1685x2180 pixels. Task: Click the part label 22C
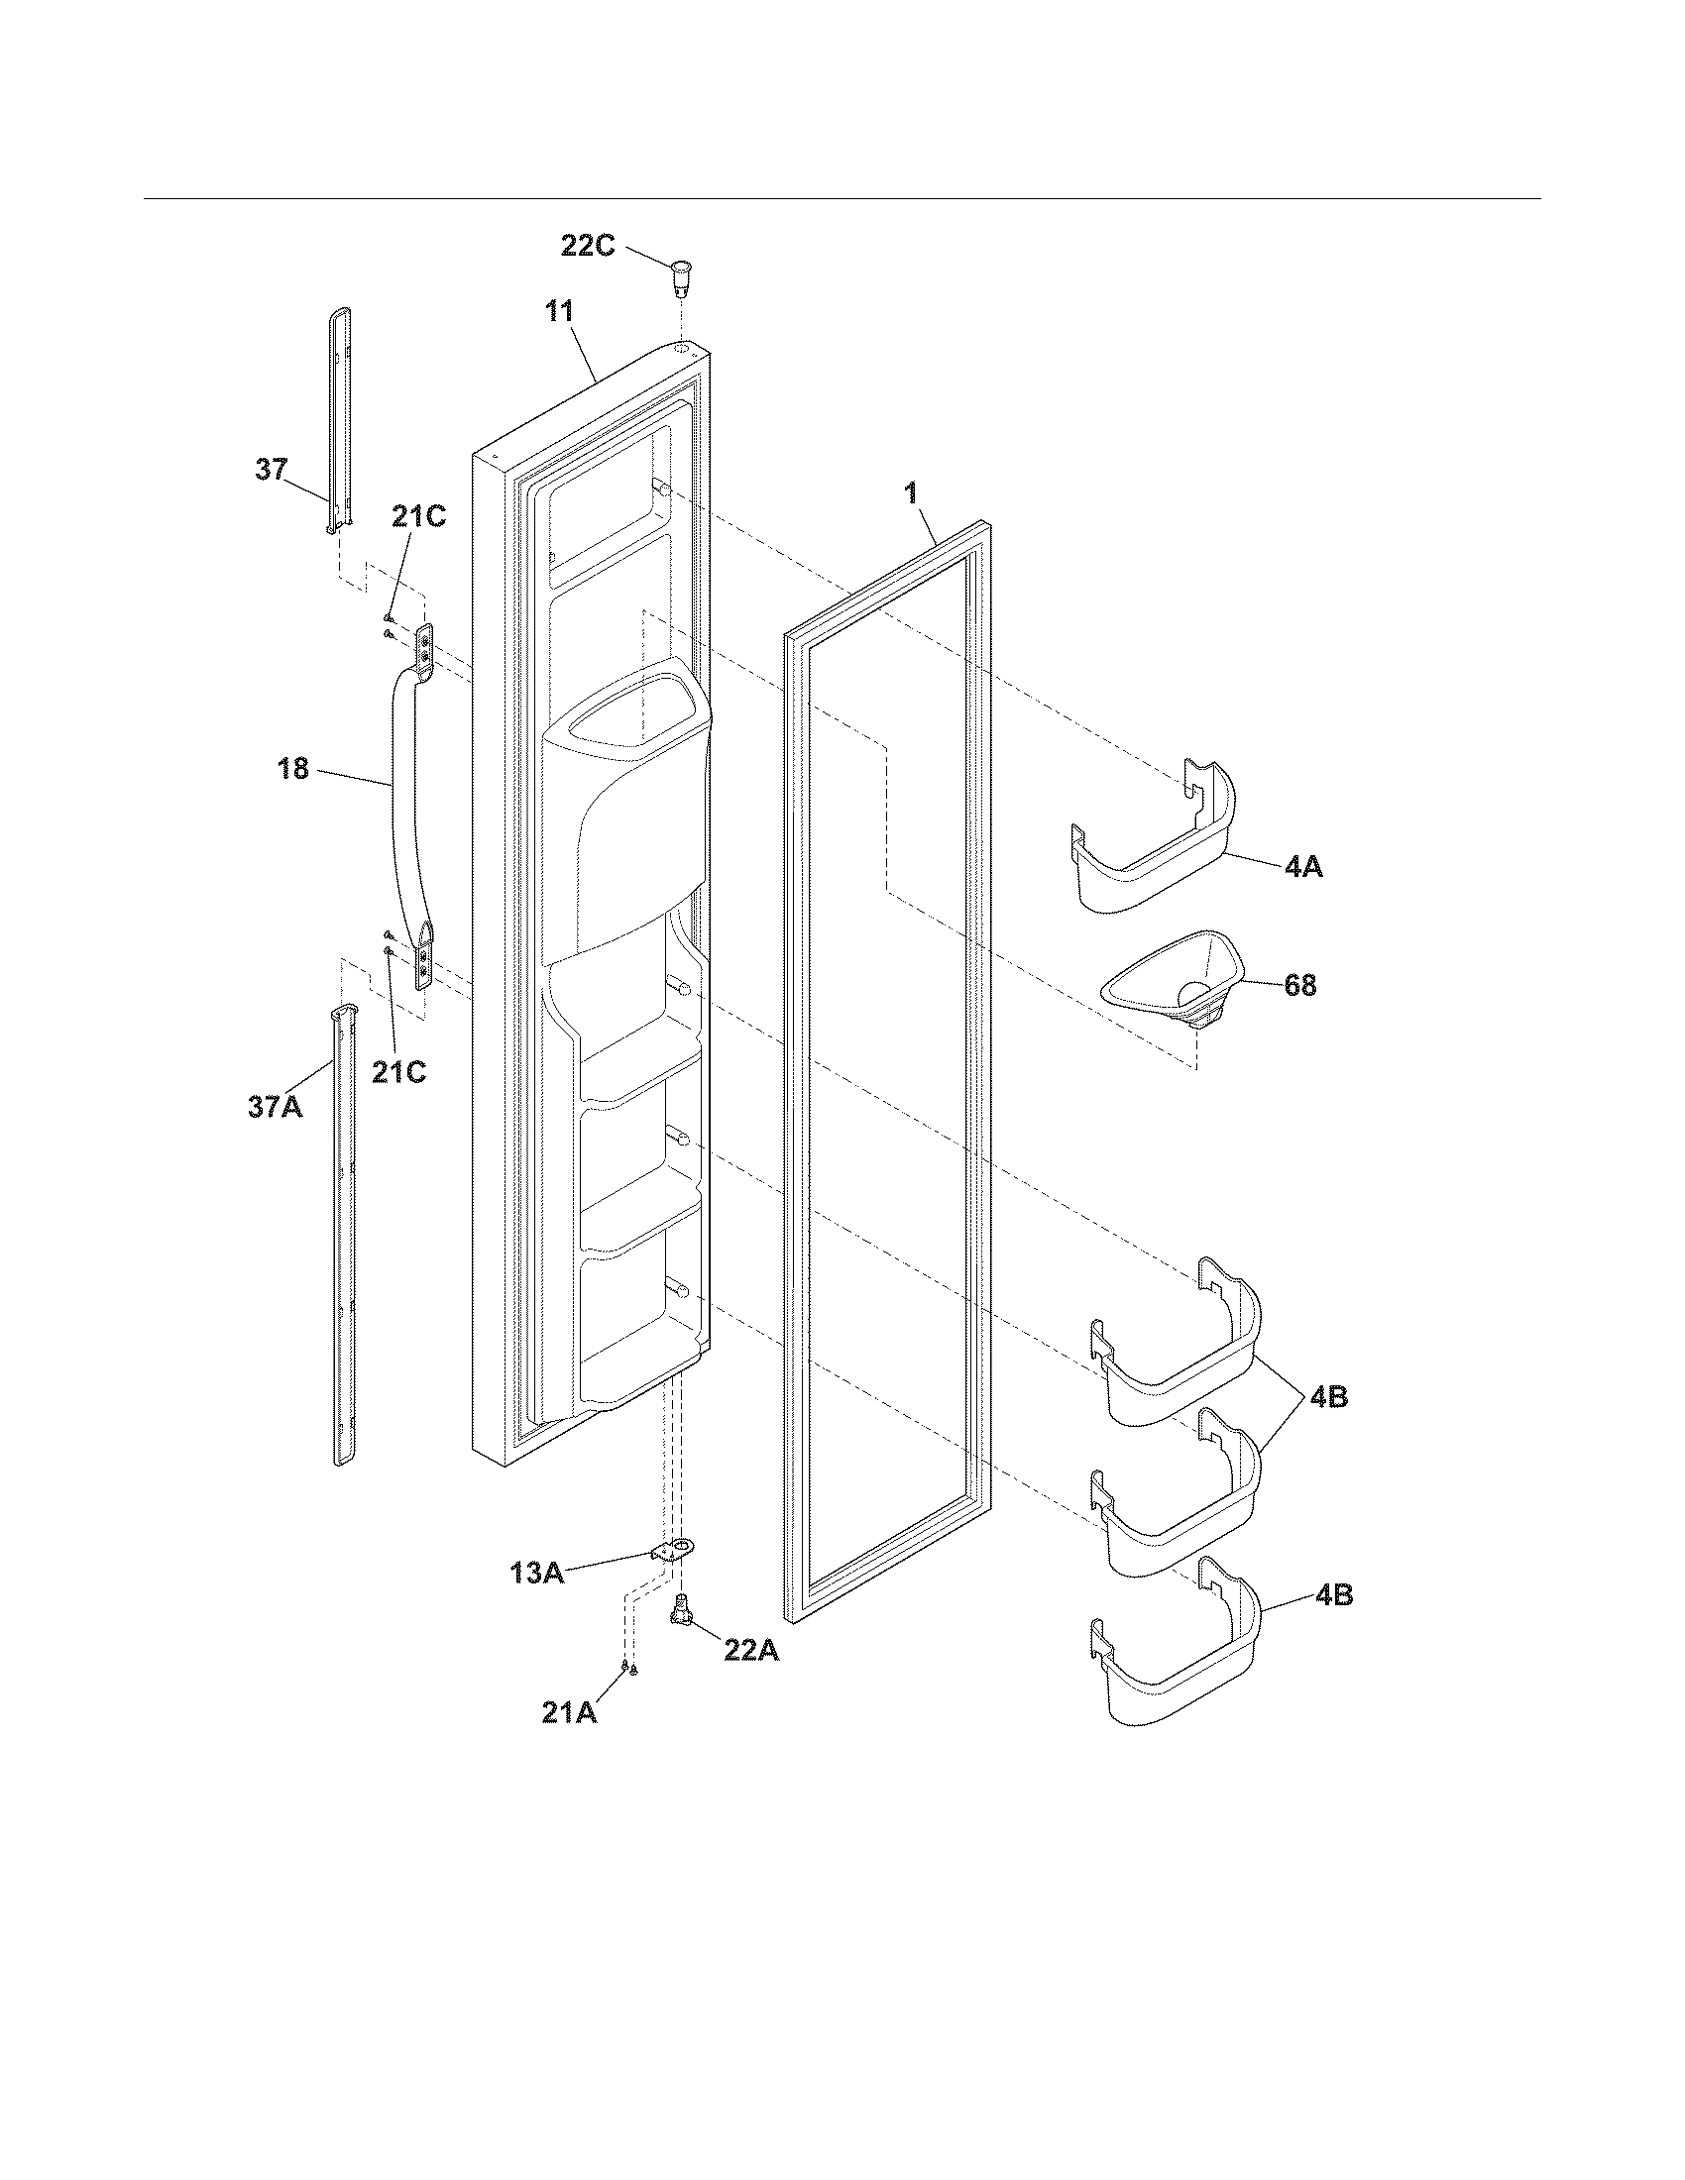pyautogui.click(x=587, y=246)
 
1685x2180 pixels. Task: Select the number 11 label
pyautogui.click(x=559, y=311)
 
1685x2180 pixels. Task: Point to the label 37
pyautogui.click(x=271, y=469)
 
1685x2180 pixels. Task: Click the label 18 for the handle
pyautogui.click(x=293, y=769)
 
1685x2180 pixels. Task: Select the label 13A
pyautogui.click(x=537, y=1574)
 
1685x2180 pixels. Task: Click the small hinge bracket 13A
pyautogui.click(x=672, y=1550)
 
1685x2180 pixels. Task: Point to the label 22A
pyautogui.click(x=750, y=1651)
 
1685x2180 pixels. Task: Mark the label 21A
pyautogui.click(x=569, y=1713)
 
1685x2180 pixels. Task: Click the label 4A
pyautogui.click(x=1302, y=866)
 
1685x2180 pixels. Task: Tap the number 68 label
pyautogui.click(x=1299, y=985)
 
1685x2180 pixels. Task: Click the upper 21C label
pyautogui.click(x=419, y=517)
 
